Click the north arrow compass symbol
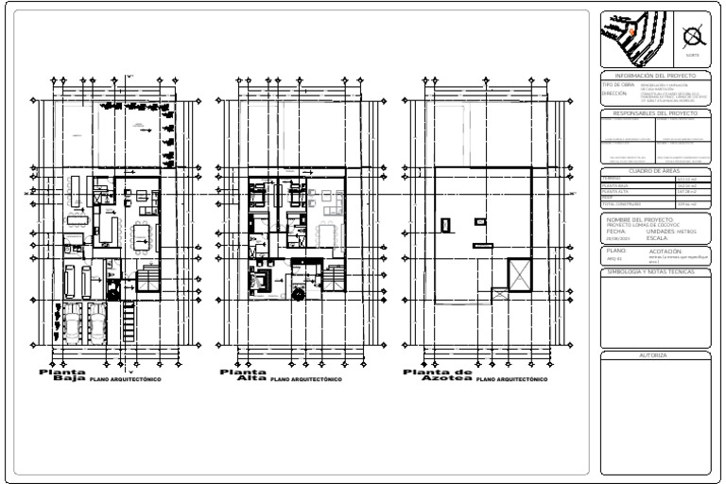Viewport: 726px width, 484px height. click(x=693, y=36)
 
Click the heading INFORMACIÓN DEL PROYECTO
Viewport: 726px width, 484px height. click(x=655, y=76)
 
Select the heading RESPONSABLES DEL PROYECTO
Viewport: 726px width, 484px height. click(x=655, y=112)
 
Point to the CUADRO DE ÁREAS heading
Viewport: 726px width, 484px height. click(x=655, y=170)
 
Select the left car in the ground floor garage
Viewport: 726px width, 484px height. click(x=72, y=324)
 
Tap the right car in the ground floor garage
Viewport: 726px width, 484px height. click(x=96, y=324)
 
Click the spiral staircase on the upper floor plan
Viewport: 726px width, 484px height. click(x=299, y=293)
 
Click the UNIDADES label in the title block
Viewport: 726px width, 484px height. click(x=660, y=230)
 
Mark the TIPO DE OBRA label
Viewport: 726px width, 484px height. click(x=616, y=85)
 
